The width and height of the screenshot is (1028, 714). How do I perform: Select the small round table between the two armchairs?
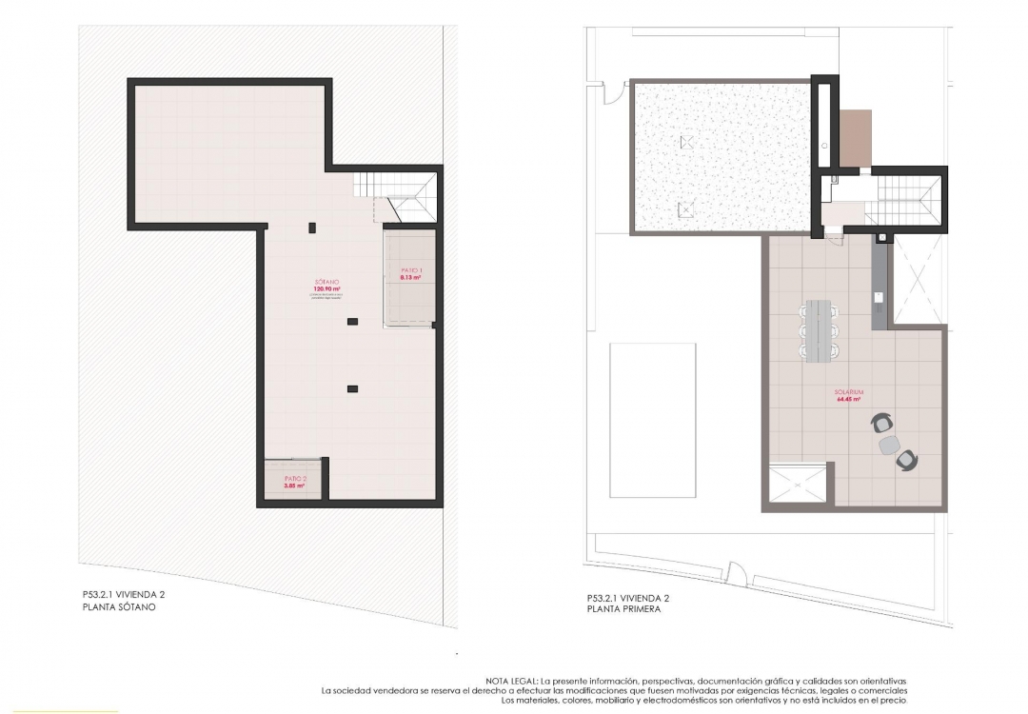point(890,443)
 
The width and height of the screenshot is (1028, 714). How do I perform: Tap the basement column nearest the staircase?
point(312,227)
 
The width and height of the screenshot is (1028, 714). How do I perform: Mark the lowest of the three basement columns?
point(352,387)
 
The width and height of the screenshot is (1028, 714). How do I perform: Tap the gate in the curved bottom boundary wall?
point(736,574)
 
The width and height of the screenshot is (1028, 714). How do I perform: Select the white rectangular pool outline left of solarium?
point(653,419)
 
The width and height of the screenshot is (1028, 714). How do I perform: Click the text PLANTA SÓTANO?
point(119,606)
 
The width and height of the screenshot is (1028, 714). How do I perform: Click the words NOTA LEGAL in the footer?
point(512,681)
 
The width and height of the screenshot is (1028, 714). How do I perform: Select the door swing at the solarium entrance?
point(835,239)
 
